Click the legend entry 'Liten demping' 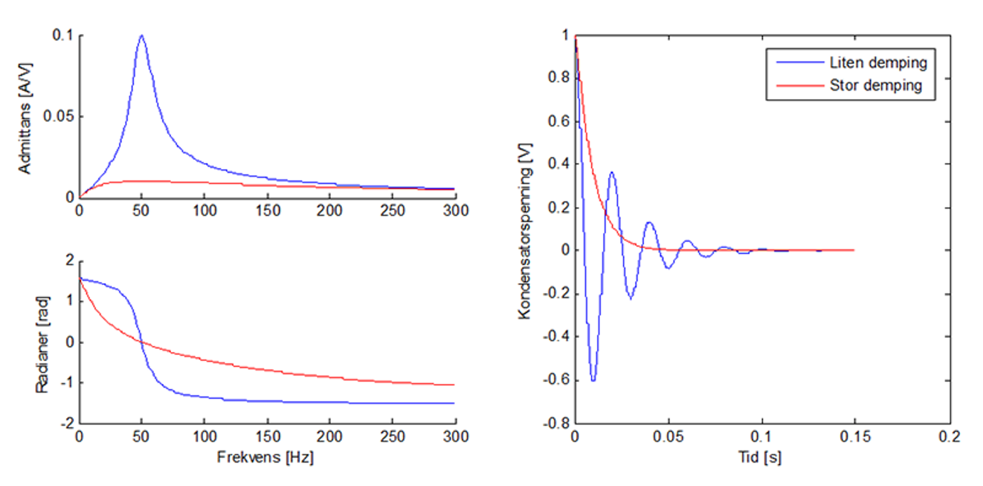click(878, 63)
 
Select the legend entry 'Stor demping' click(875, 85)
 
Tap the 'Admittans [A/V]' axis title click(24, 118)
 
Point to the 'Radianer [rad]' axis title click(41, 344)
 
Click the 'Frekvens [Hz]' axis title click(265, 457)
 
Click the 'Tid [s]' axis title click(760, 457)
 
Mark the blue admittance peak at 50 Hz click(142, 36)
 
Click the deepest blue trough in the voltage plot click(593, 380)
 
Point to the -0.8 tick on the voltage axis click(556, 423)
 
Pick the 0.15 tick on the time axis click(855, 436)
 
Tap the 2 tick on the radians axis click(70, 261)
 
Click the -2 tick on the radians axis click(67, 423)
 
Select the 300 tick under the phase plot click(455, 436)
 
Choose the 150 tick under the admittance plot click(267, 210)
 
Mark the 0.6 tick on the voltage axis click(558, 121)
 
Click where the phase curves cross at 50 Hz click(141, 342)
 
